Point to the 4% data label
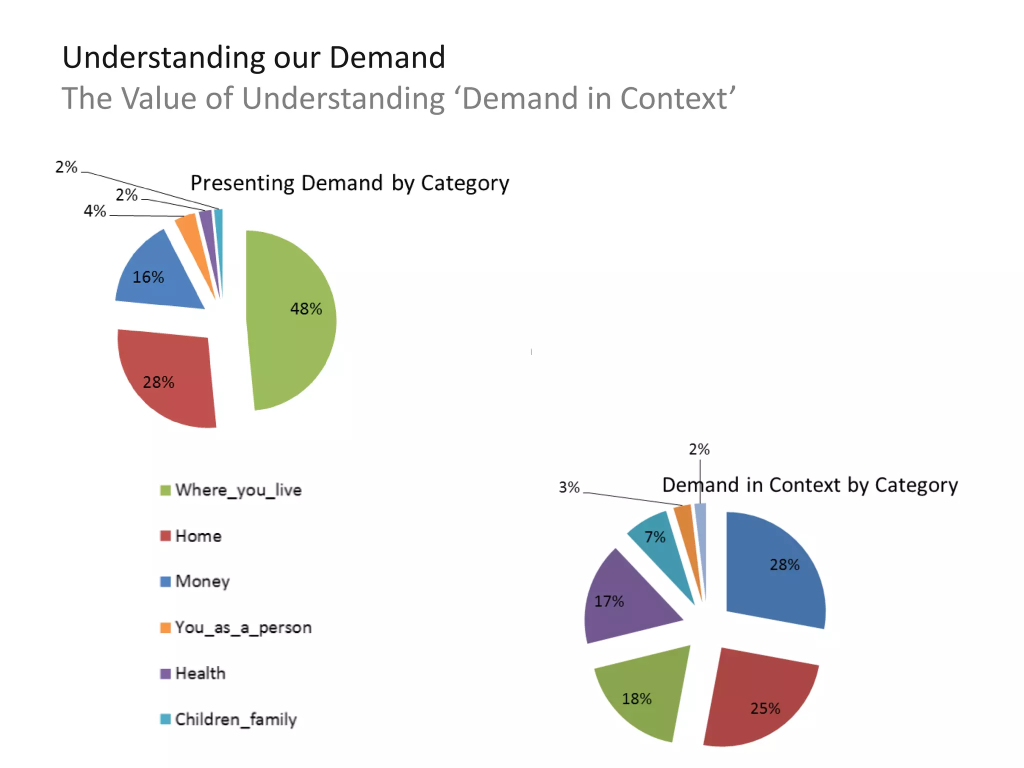[95, 211]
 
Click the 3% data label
[569, 487]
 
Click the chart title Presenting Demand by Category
[350, 183]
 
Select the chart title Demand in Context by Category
[810, 485]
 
